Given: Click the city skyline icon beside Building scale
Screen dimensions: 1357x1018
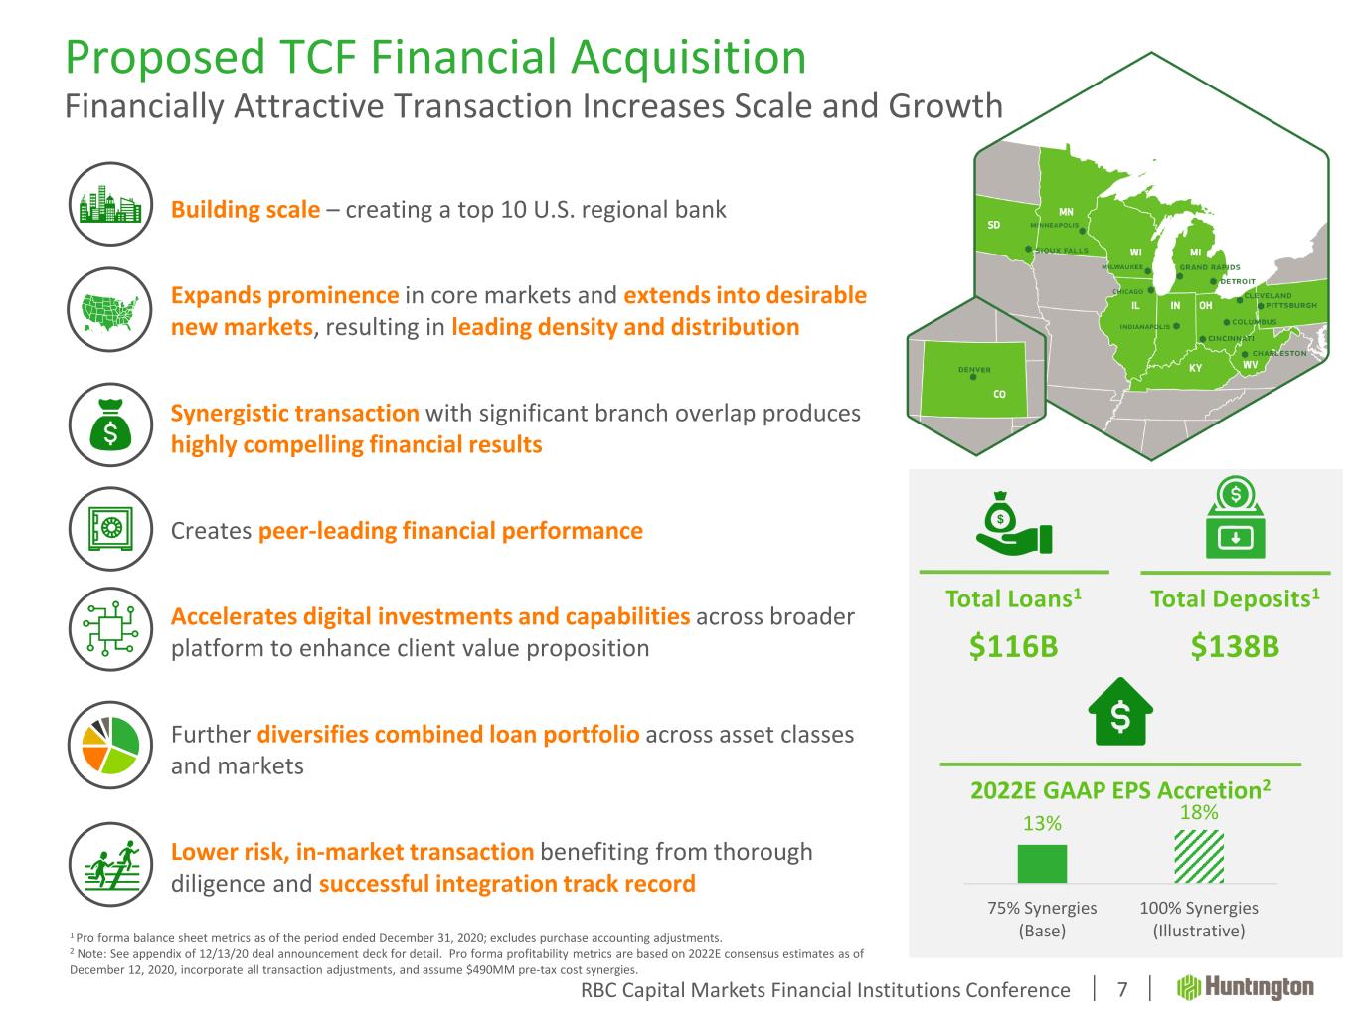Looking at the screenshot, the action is [x=110, y=205].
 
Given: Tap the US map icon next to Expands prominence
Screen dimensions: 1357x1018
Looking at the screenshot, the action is [x=110, y=309].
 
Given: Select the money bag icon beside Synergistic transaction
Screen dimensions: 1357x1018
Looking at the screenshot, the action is [x=110, y=424].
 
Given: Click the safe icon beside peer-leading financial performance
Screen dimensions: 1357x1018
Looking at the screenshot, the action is [x=110, y=529].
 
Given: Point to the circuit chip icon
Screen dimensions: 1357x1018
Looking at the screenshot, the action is [x=110, y=629].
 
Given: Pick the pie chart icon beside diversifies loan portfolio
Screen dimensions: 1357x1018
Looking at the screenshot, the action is [x=110, y=745].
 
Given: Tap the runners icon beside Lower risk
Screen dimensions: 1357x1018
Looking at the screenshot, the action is [x=110, y=865].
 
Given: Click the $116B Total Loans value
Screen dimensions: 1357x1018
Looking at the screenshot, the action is [x=1013, y=646].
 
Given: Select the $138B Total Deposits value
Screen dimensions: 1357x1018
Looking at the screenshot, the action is [x=1235, y=646].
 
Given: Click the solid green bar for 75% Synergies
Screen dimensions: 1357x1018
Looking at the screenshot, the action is [x=1042, y=864].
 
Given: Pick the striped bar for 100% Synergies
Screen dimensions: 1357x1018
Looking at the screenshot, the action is [x=1199, y=857].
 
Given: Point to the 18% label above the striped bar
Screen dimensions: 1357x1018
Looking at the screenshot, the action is [x=1199, y=812].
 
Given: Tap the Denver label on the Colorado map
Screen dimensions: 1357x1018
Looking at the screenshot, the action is [x=974, y=370].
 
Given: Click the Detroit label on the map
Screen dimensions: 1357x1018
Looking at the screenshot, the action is [x=1238, y=282].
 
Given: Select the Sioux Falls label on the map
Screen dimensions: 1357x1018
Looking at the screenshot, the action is [x=1062, y=251].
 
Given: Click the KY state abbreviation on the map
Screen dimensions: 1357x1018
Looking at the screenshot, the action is [x=1196, y=369].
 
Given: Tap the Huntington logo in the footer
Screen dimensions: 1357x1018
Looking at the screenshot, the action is [x=1245, y=988].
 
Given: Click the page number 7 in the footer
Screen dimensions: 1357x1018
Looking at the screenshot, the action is [x=1122, y=990].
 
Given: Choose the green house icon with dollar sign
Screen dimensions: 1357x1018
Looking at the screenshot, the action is [x=1120, y=712].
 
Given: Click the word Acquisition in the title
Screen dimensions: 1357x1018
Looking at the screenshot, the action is [x=688, y=58].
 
